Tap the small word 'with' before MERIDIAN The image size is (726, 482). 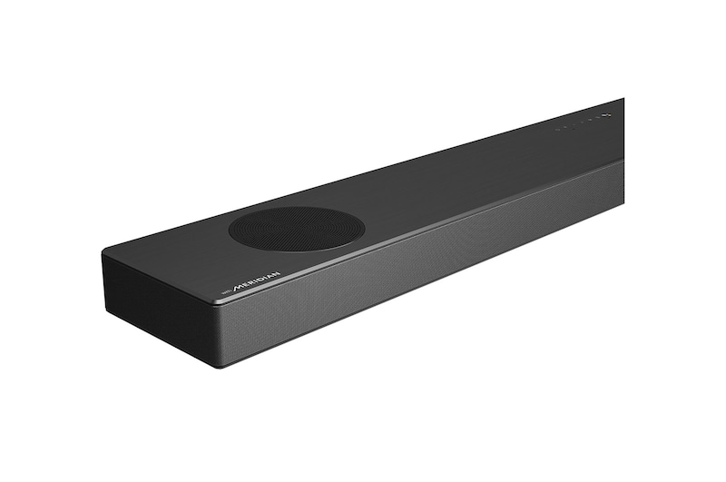pos(228,293)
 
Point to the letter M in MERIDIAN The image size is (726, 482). pos(238,290)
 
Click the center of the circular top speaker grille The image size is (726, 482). pos(297,228)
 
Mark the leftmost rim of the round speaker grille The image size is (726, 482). pos(230,231)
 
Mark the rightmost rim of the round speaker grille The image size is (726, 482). pos(365,224)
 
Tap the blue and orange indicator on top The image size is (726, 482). pos(607,115)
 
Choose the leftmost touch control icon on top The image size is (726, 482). pos(557,129)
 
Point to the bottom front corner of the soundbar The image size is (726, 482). pos(217,365)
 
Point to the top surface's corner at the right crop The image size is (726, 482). pos(623,100)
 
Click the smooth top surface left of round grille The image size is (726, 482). pos(181,254)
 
